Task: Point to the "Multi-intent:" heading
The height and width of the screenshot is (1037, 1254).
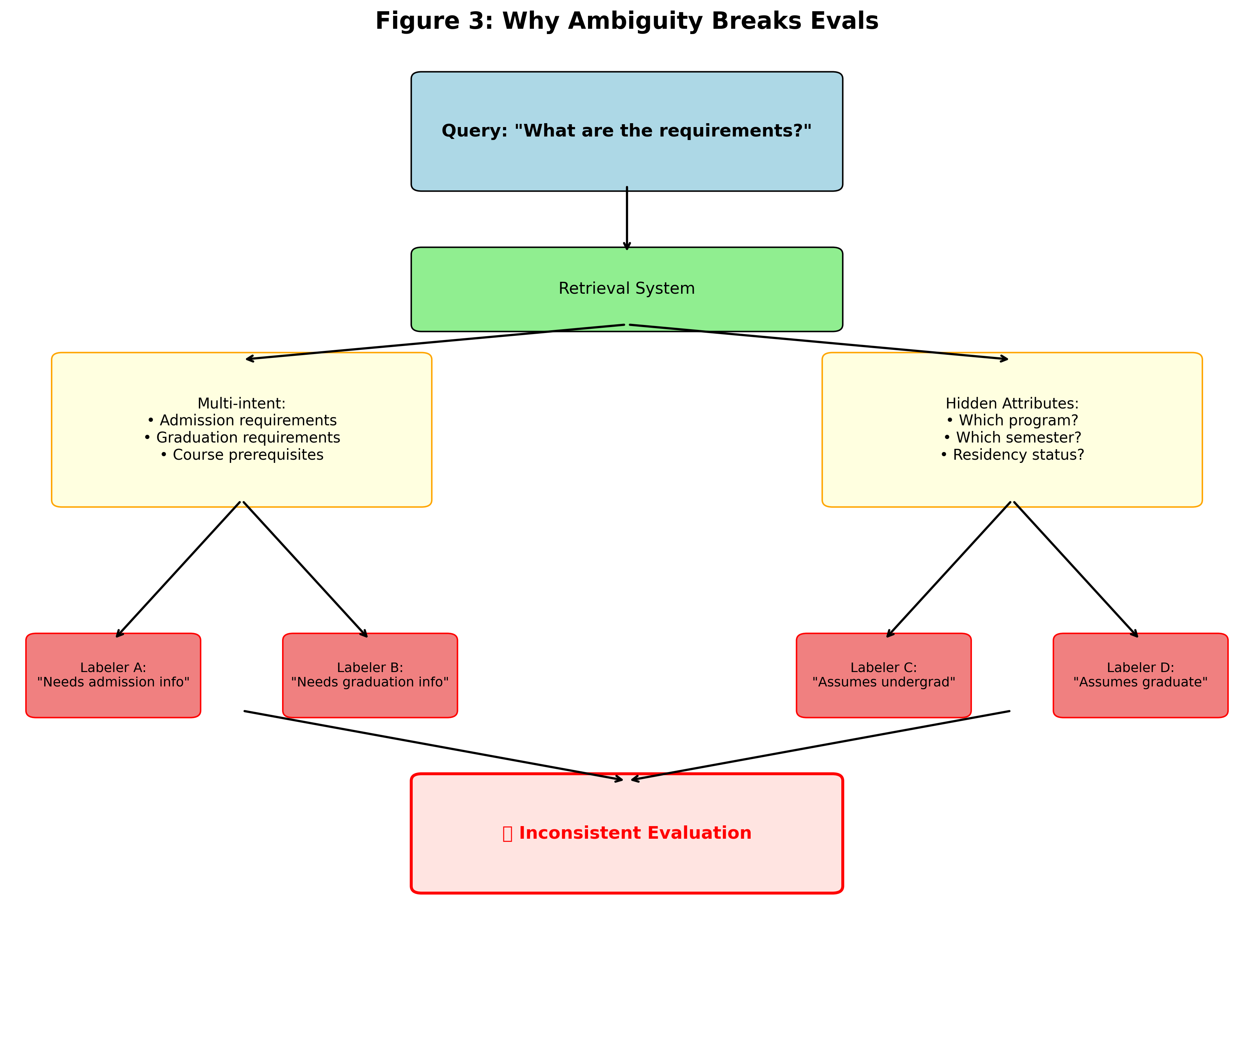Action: (241, 403)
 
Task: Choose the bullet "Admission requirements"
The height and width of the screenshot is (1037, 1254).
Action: (242, 421)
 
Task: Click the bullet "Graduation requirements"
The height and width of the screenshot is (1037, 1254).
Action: (242, 437)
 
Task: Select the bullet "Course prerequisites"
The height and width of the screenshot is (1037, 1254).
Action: (242, 455)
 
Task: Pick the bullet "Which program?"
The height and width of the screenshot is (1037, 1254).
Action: (1012, 421)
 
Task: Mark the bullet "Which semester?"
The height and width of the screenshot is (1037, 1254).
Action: (1012, 437)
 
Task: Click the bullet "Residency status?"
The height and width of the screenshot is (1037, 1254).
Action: (1012, 455)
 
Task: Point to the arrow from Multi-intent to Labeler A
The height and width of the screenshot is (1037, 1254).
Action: (178, 570)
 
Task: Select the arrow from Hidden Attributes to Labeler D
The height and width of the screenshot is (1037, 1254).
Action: (1076, 570)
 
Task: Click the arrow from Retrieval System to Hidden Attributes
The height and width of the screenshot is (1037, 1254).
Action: (818, 342)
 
